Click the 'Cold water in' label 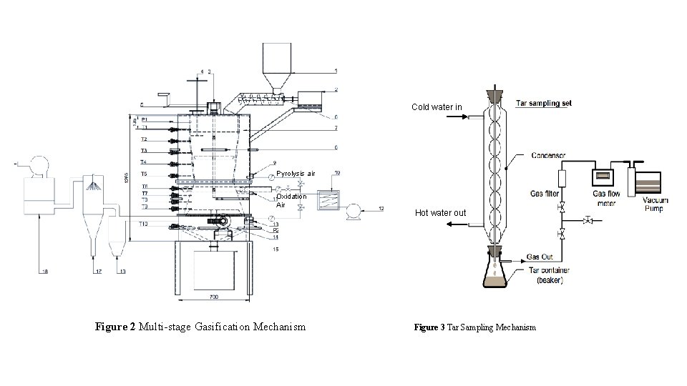437,107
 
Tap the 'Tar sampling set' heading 546,103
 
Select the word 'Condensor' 549,154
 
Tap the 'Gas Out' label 540,257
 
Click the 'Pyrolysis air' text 296,174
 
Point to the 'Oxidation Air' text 291,200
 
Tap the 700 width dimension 214,295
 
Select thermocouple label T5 144,174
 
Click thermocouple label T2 144,139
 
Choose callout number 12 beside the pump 381,208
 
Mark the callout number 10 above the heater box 337,173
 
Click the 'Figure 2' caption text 200,327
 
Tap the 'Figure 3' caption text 474,327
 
